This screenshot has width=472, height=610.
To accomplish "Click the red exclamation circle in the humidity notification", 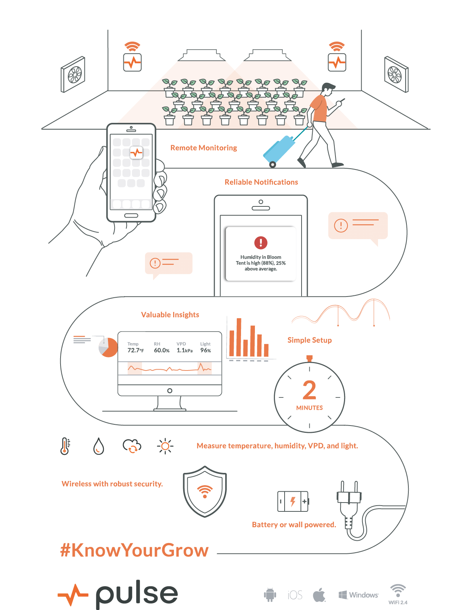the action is tap(261, 243).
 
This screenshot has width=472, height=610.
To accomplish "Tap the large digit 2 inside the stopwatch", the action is tap(309, 390).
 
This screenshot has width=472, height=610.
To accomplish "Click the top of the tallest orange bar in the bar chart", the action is tap(239, 318).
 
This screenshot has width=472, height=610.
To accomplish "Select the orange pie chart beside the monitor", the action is tap(108, 347).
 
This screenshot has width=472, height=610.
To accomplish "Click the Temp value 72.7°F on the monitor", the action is tap(135, 350).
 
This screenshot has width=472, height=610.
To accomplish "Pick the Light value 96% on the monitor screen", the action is tap(206, 350).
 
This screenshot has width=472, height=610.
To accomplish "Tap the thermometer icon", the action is tap(65, 446).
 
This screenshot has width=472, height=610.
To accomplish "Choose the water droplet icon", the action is tap(98, 446).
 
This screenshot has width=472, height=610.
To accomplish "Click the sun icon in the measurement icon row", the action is tap(165, 446).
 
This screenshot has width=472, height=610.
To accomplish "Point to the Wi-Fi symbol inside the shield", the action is tap(205, 491).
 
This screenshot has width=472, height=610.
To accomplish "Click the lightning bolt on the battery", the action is tap(293, 501).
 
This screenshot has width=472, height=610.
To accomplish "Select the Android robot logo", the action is tap(270, 595).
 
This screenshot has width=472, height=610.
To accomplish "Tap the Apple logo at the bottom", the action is tap(319, 595).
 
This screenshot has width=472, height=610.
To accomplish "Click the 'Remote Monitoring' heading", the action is tap(204, 147).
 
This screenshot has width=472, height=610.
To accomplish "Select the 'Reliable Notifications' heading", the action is tap(261, 182).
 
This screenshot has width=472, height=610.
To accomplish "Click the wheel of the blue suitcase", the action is tap(272, 165).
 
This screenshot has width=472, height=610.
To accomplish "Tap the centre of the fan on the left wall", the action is tap(74, 75).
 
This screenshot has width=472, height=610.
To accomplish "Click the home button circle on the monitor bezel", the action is tap(170, 390).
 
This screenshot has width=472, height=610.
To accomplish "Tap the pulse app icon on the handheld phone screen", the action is tap(137, 152).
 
